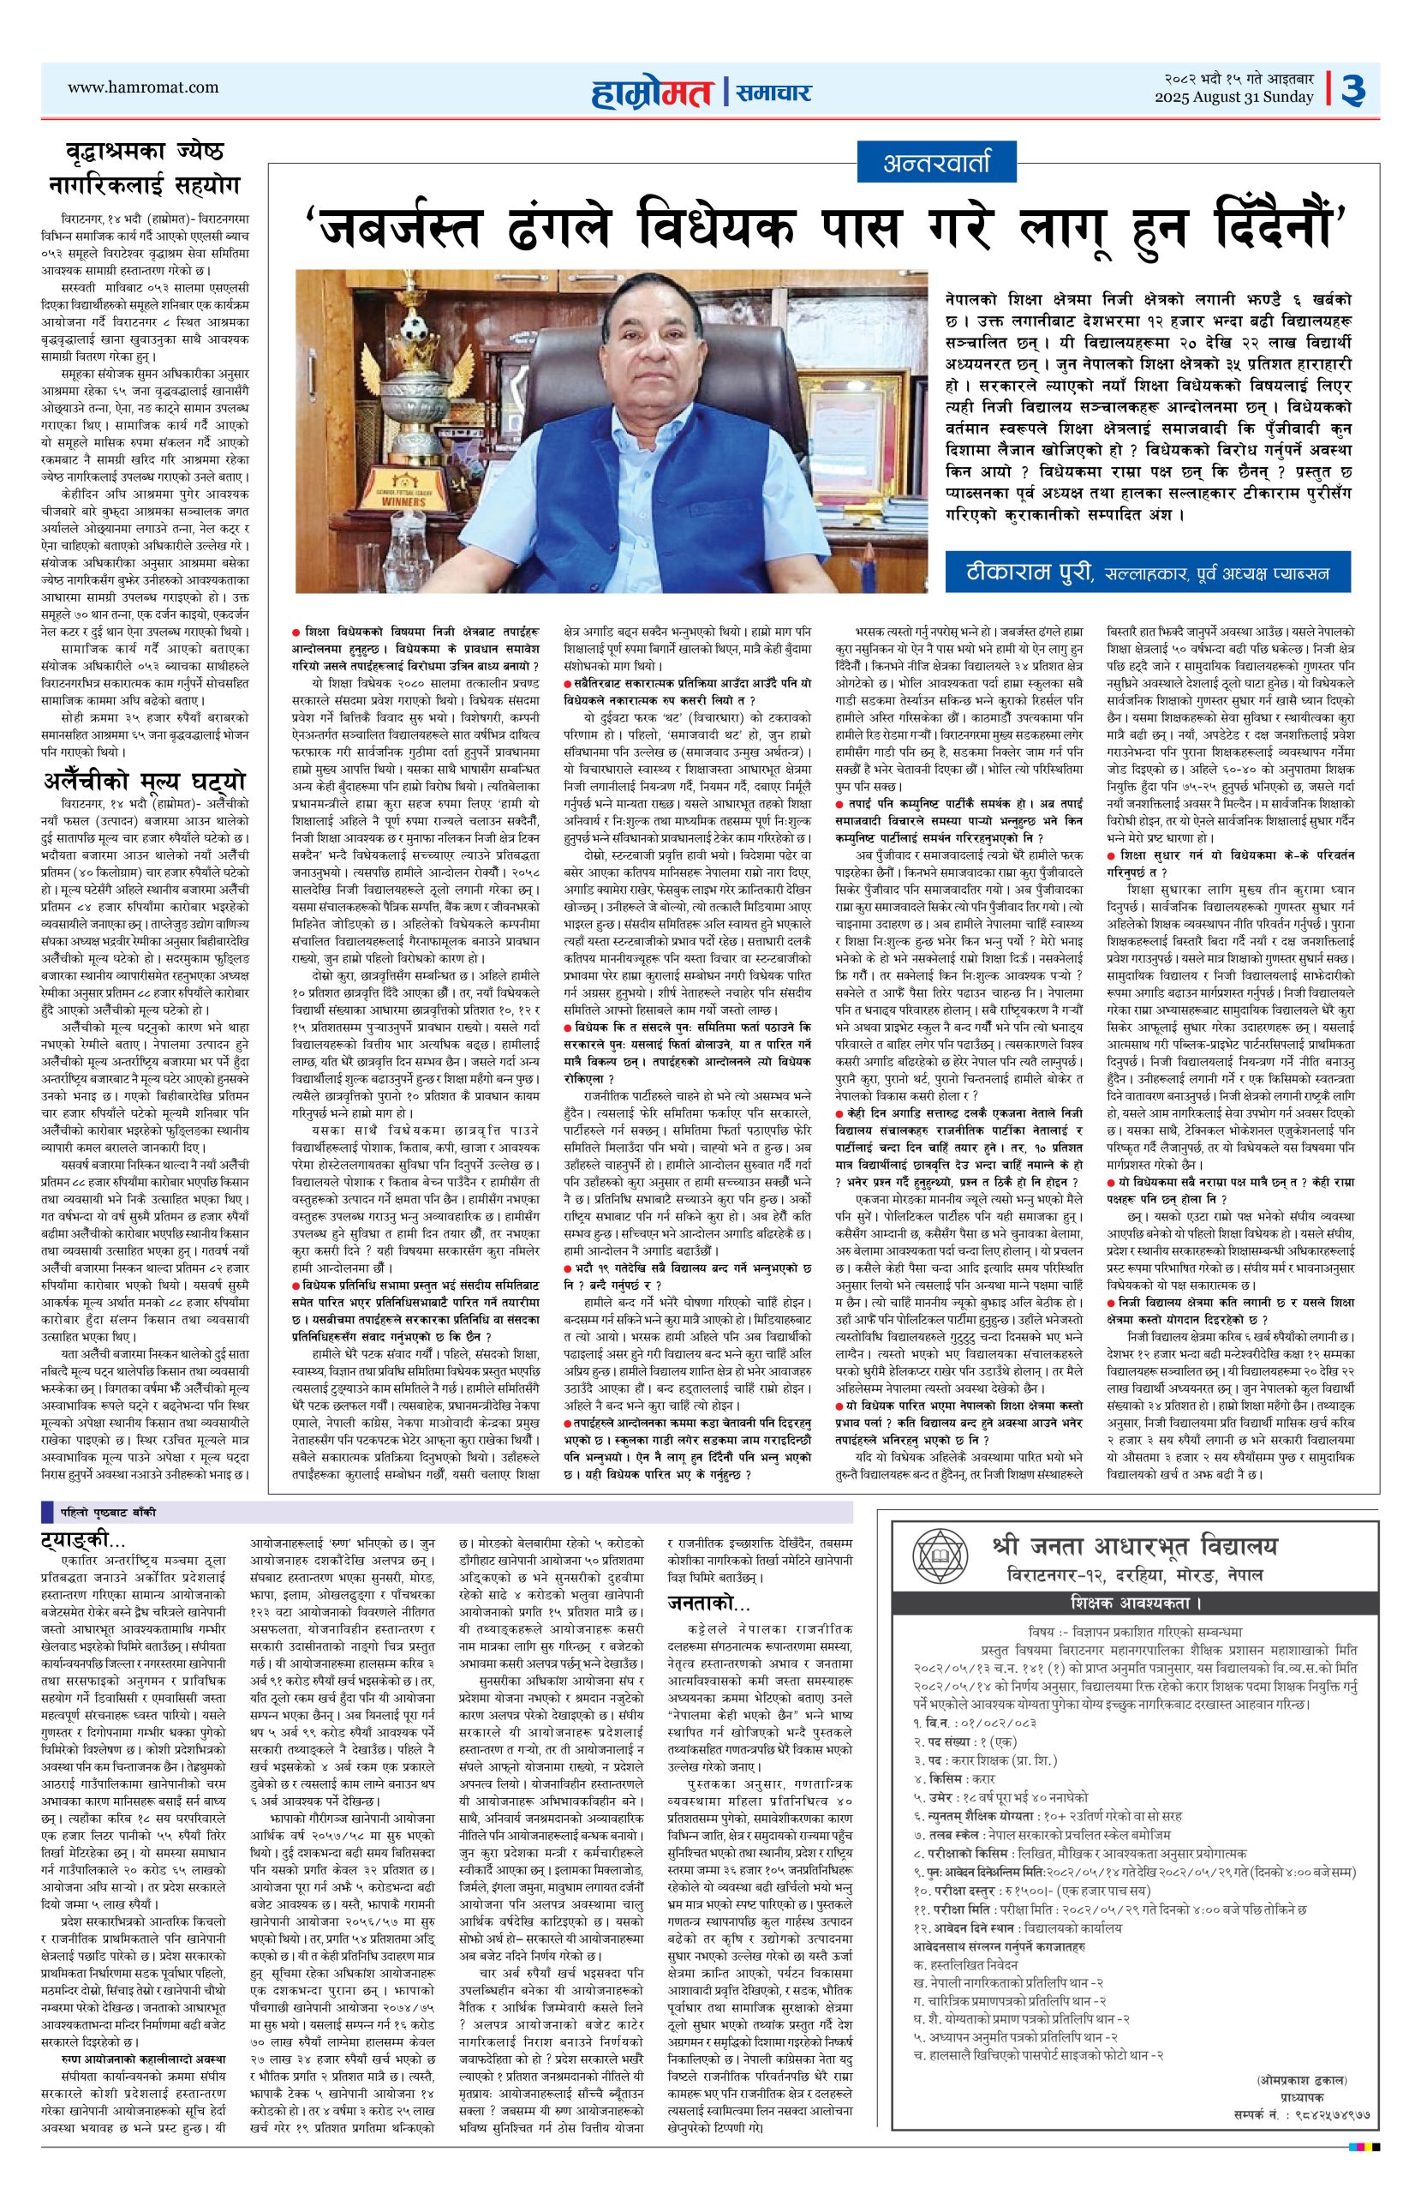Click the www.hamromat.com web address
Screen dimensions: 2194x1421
click(x=144, y=87)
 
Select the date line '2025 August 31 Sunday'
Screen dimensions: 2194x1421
click(x=1236, y=98)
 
